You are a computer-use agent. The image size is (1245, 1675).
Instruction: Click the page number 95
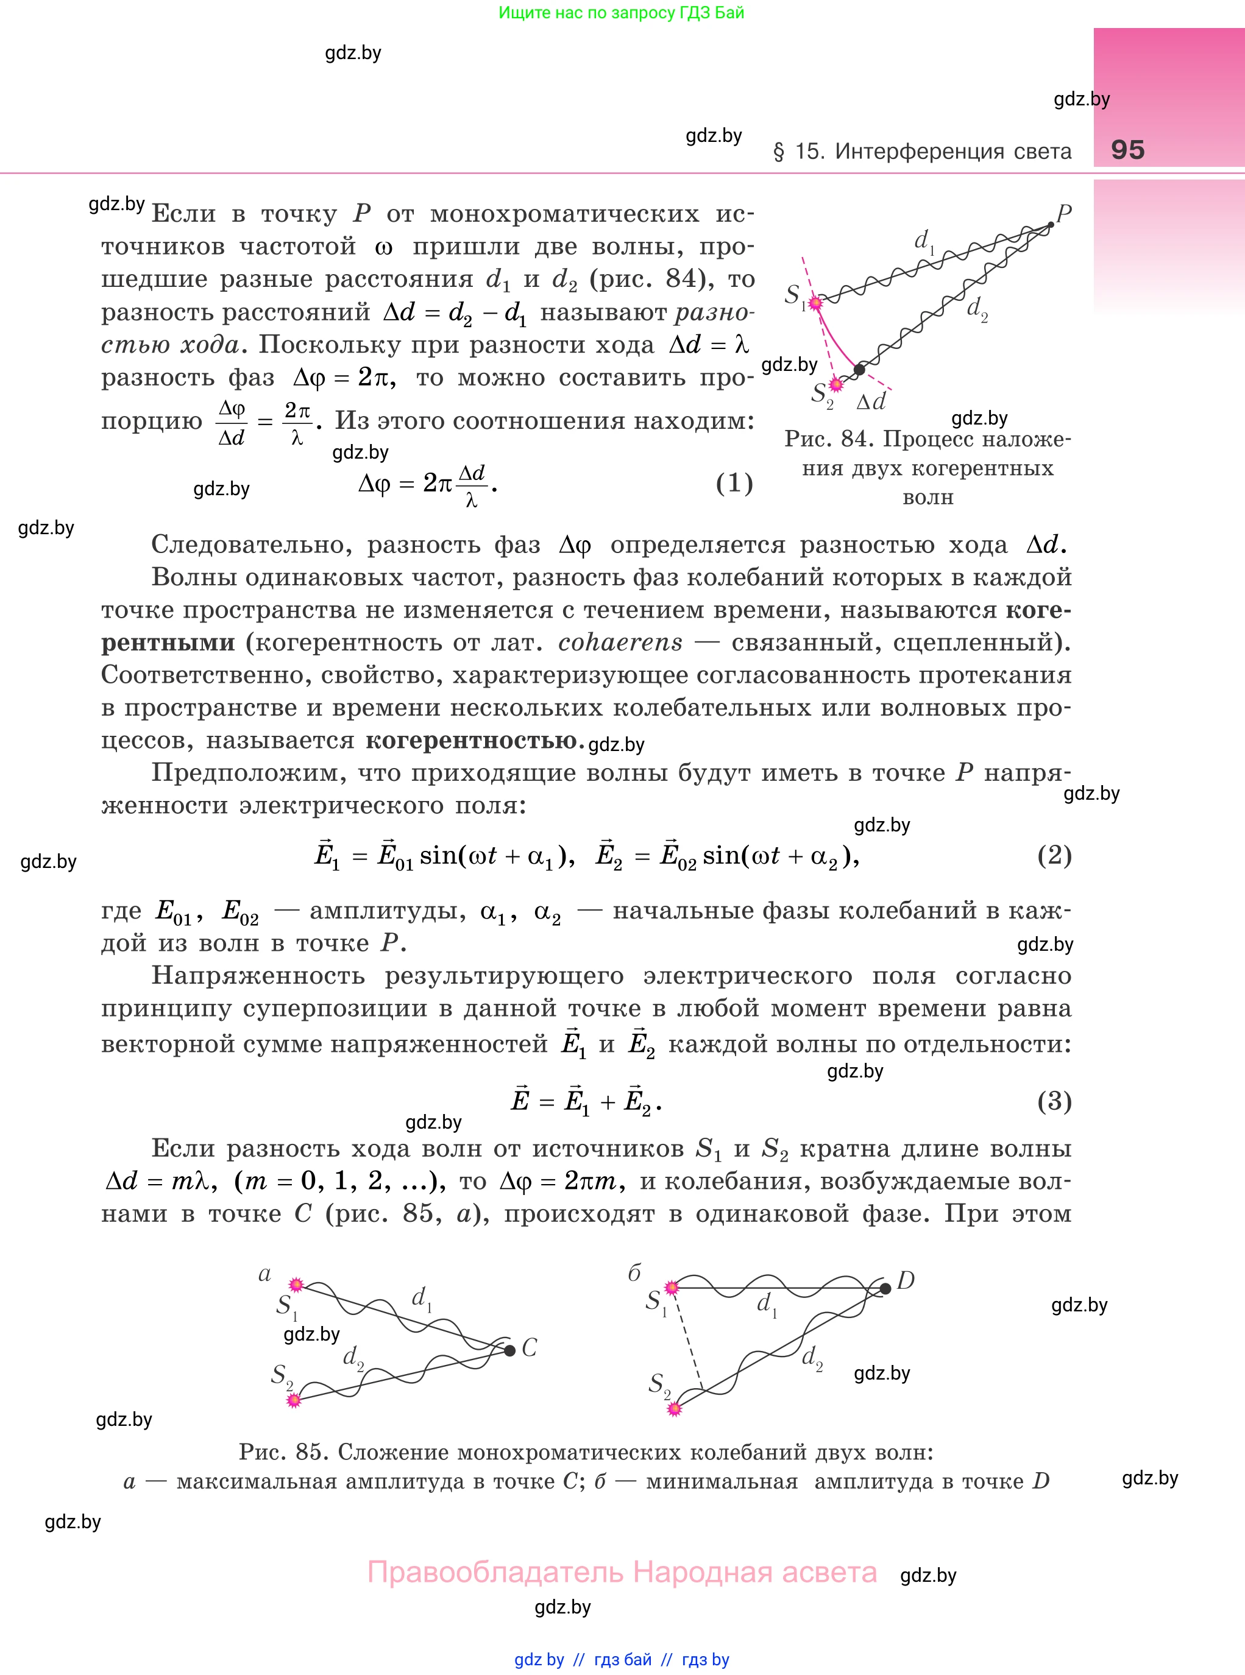[1127, 149]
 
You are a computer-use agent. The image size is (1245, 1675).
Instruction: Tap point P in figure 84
[1051, 224]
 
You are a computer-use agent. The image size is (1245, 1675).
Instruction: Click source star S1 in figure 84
[815, 302]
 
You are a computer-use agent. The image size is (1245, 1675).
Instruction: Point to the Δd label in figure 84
[870, 402]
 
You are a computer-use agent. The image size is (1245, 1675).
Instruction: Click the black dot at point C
[509, 1350]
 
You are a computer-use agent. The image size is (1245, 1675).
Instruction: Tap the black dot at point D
[885, 1289]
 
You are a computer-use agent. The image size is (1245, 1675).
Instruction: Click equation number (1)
[734, 483]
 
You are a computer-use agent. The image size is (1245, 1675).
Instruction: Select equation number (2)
[1054, 855]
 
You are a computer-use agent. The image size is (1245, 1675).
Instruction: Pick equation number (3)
[1054, 1101]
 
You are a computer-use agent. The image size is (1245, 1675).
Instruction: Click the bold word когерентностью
[472, 740]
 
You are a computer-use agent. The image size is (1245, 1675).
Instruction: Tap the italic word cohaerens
[620, 643]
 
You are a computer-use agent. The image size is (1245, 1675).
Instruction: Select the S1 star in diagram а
[296, 1284]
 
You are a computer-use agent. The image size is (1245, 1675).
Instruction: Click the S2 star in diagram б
[675, 1408]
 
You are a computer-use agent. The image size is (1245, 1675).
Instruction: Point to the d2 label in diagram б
[812, 1357]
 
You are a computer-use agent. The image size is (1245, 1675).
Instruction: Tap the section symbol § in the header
[779, 152]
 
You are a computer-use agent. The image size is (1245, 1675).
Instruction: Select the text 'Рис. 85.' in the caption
[283, 1451]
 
